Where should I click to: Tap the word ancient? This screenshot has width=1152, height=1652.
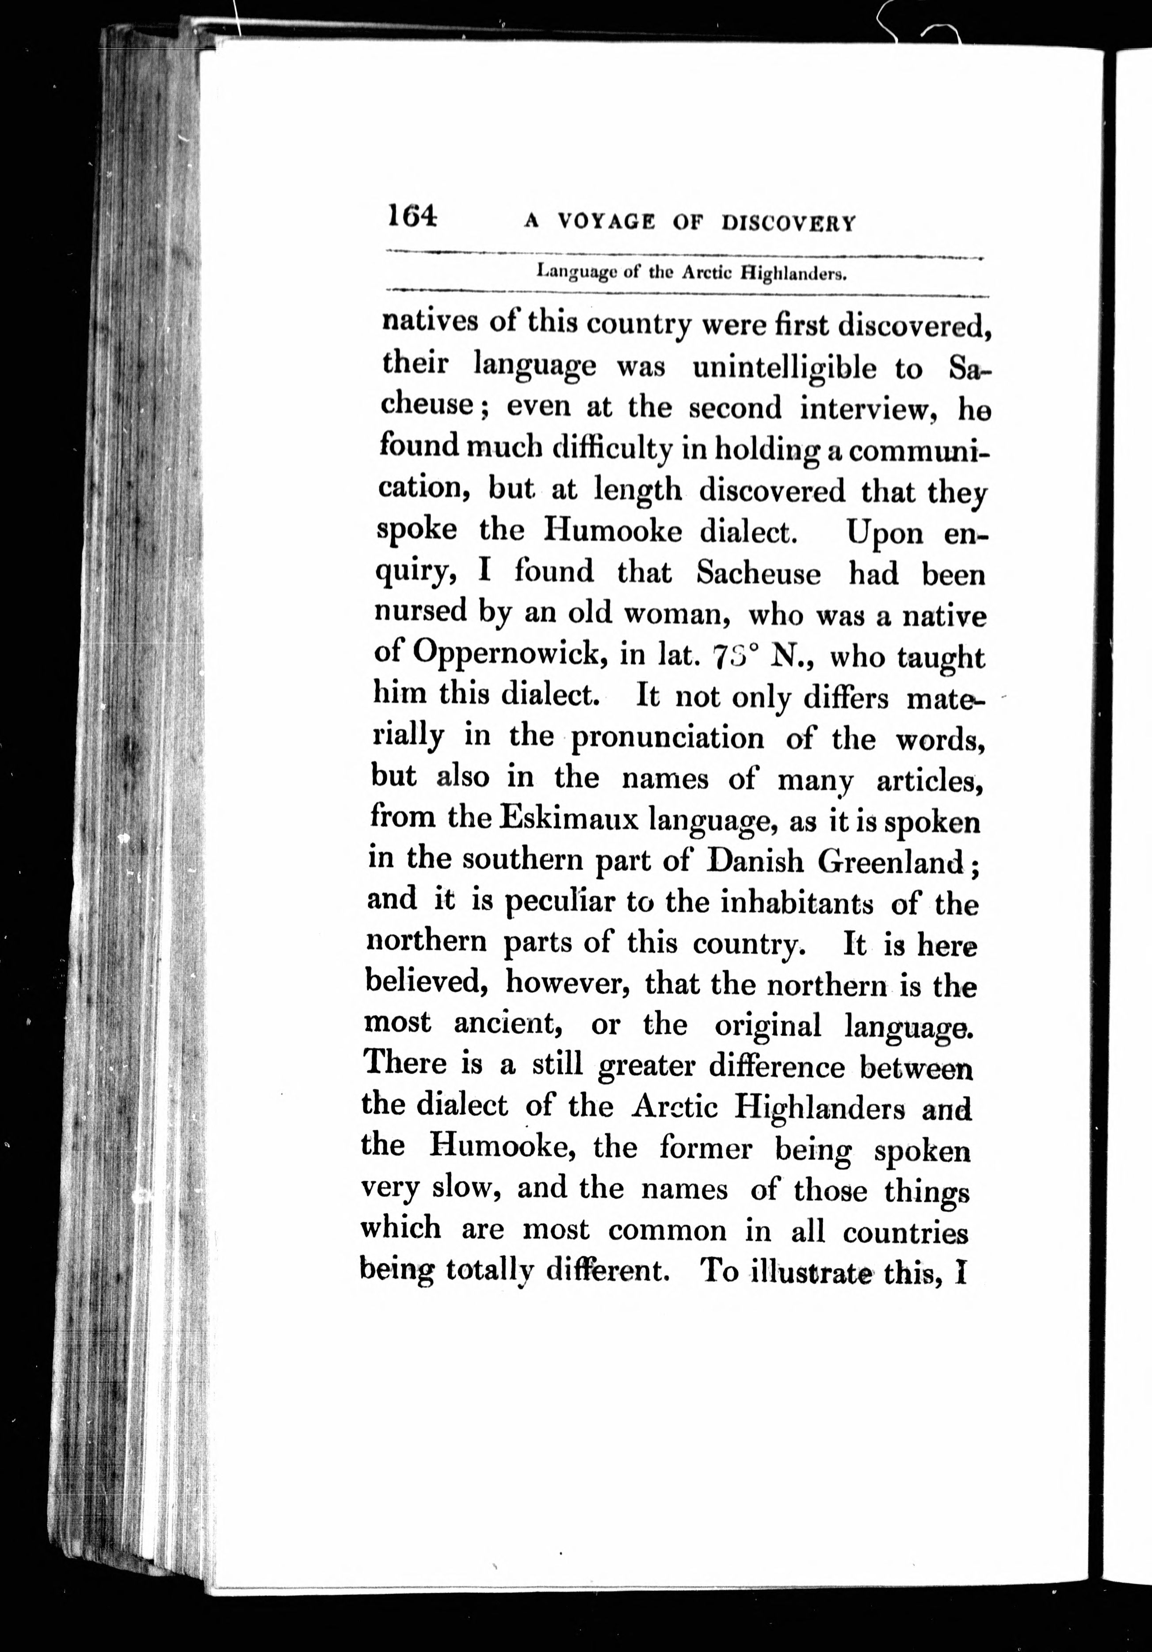click(507, 1023)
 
